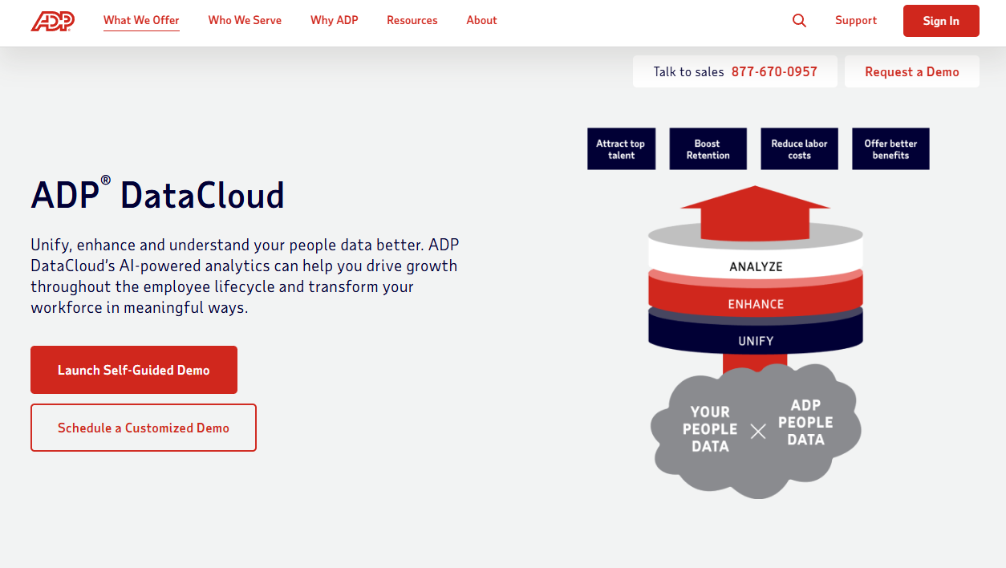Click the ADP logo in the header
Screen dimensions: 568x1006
53,21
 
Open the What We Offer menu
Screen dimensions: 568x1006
141,21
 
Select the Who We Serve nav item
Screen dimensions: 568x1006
245,21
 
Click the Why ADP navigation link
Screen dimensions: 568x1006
334,21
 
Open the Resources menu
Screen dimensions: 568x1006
412,21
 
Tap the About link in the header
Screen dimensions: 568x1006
481,21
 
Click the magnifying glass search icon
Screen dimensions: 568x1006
799,21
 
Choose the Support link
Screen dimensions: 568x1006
855,21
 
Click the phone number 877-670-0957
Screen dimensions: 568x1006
774,72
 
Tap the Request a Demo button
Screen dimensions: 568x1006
911,72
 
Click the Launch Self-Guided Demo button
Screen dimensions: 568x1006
134,370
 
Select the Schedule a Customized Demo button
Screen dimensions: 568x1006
144,428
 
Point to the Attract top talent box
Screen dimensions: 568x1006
621,149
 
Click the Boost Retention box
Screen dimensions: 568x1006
708,149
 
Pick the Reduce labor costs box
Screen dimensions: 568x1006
799,149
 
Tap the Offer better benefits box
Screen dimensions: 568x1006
890,149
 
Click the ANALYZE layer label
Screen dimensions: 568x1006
756,267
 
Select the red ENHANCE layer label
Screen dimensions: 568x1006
756,305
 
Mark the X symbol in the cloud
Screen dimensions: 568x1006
758,432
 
